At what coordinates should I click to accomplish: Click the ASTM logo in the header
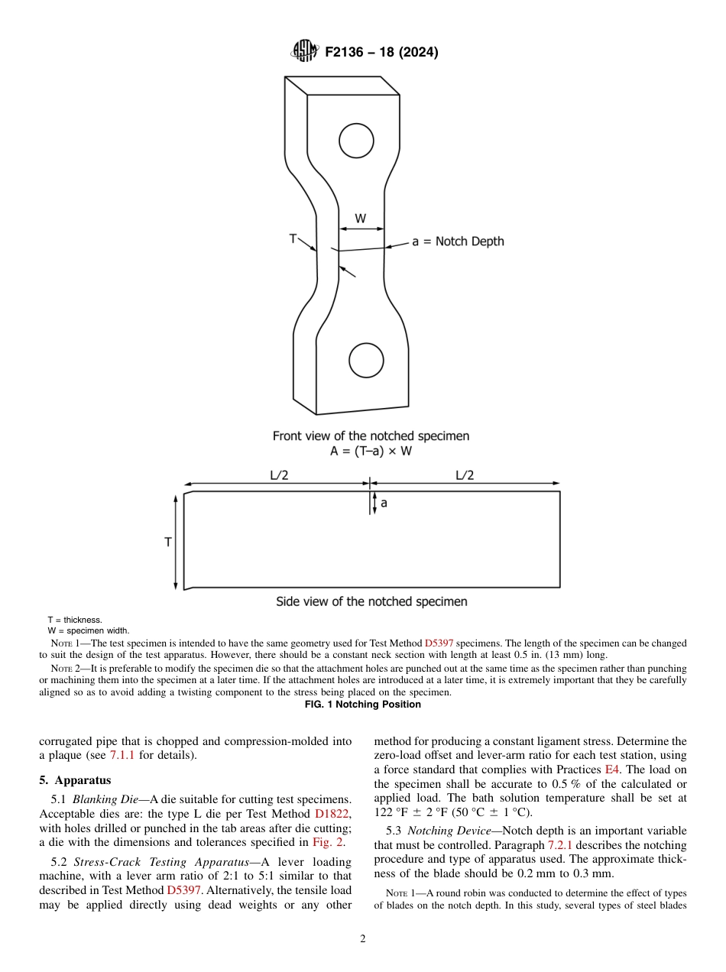[x=306, y=52]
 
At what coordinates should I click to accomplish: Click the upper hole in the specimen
[x=356, y=141]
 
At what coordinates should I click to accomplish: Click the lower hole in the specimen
[x=366, y=359]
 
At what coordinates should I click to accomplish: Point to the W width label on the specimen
[x=360, y=219]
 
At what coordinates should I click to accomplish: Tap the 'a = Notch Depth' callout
[x=458, y=241]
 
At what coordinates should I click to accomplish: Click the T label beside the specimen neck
[x=293, y=238]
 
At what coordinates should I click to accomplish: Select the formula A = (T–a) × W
[x=371, y=451]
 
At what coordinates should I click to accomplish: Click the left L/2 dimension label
[x=279, y=475]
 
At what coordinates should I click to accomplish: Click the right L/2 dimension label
[x=465, y=475]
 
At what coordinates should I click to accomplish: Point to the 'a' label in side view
[x=384, y=504]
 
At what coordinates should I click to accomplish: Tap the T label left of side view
[x=168, y=542]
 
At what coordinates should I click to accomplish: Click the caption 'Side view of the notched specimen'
[x=371, y=601]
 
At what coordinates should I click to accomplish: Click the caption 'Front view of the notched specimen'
[x=371, y=436]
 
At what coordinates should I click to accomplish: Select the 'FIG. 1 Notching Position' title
[x=363, y=704]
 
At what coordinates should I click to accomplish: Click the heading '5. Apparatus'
[x=75, y=780]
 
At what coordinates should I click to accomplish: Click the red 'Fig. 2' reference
[x=328, y=843]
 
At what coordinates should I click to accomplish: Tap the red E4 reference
[x=611, y=769]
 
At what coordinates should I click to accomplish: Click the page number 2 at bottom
[x=363, y=939]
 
